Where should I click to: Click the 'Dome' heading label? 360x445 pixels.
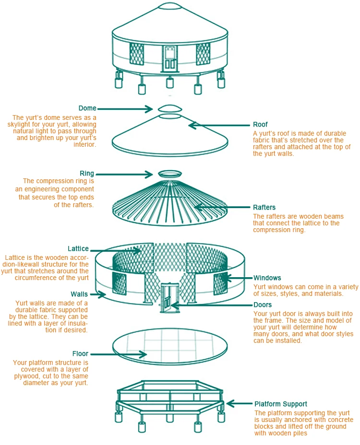pyautogui.click(x=87, y=108)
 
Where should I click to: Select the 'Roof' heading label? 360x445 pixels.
pyautogui.click(x=261, y=125)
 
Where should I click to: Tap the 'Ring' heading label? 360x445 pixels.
pyautogui.click(x=87, y=174)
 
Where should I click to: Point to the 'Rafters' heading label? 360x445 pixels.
pyautogui.click(x=264, y=208)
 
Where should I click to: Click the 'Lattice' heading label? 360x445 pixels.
pyautogui.click(x=78, y=249)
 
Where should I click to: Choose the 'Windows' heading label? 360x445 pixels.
pyautogui.click(x=267, y=278)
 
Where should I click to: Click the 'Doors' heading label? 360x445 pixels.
pyautogui.click(x=262, y=305)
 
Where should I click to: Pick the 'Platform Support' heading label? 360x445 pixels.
pyautogui.click(x=281, y=404)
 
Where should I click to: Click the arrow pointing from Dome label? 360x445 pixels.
pyautogui.click(x=124, y=109)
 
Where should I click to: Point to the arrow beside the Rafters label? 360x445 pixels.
pyautogui.click(x=221, y=208)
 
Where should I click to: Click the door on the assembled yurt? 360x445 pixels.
pyautogui.click(x=169, y=58)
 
